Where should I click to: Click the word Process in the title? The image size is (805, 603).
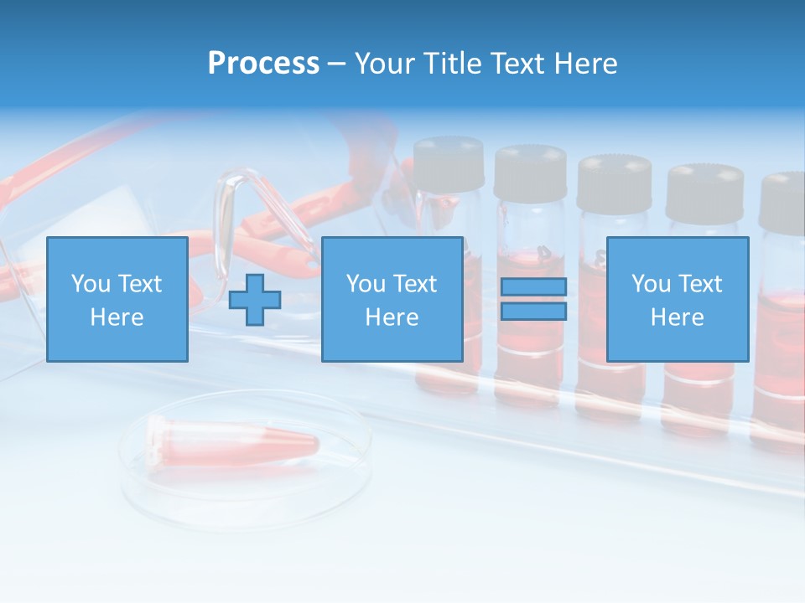pyautogui.click(x=263, y=64)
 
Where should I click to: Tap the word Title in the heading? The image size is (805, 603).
pyautogui.click(x=451, y=64)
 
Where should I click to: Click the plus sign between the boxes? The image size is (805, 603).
pyautogui.click(x=255, y=300)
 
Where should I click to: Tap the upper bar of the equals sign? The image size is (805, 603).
pyautogui.click(x=533, y=287)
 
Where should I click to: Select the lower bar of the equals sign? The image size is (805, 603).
pyautogui.click(x=533, y=312)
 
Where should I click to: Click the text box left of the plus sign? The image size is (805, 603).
pyautogui.click(x=117, y=299)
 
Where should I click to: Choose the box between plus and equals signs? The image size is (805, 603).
pyautogui.click(x=392, y=299)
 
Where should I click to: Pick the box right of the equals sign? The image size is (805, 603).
pyautogui.click(x=678, y=299)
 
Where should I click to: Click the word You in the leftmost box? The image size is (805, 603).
pyautogui.click(x=91, y=283)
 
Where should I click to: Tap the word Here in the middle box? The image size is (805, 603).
pyautogui.click(x=392, y=317)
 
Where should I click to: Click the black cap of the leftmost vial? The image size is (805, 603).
pyautogui.click(x=449, y=162)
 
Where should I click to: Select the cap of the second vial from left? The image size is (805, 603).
pyautogui.click(x=530, y=172)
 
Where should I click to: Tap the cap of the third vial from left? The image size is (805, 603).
pyautogui.click(x=614, y=180)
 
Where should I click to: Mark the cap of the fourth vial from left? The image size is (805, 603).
pyautogui.click(x=704, y=191)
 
